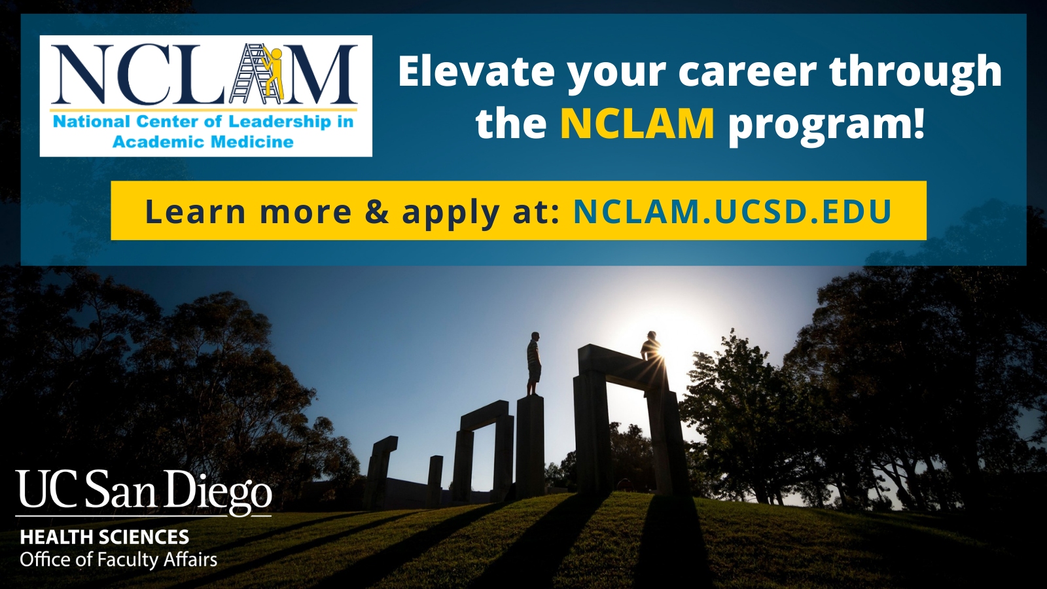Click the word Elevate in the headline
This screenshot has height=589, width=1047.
pos(476,71)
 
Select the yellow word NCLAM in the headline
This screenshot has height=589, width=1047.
pos(637,124)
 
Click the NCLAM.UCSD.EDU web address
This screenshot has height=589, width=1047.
pos(732,211)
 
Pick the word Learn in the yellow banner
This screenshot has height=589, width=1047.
pos(196,211)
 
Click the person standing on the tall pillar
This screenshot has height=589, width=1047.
pos(534,364)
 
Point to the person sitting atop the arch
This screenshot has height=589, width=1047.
pos(650,346)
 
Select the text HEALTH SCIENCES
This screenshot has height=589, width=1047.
pos(105,537)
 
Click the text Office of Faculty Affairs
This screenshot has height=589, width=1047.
pos(118,560)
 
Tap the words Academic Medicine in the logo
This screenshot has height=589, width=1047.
pos(204,141)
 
